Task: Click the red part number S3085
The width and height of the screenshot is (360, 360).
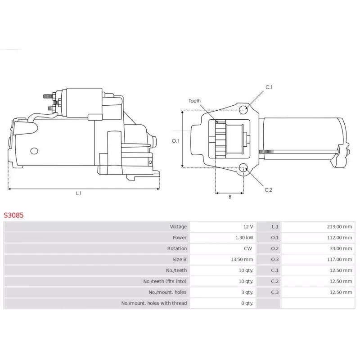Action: pyautogui.click(x=13, y=215)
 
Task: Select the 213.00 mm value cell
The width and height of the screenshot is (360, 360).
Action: pyautogui.click(x=318, y=227)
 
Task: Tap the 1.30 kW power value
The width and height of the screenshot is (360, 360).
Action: pyautogui.click(x=244, y=238)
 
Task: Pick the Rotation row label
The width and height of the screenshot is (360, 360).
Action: pyautogui.click(x=177, y=248)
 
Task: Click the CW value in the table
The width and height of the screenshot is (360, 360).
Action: pyautogui.click(x=248, y=248)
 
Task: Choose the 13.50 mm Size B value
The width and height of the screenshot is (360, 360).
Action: pyautogui.click(x=242, y=260)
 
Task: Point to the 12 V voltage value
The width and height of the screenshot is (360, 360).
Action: pyautogui.click(x=248, y=227)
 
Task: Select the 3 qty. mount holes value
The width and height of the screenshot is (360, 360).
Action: pyautogui.click(x=247, y=292)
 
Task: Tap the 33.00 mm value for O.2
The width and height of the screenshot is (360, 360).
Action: pyautogui.click(x=341, y=248)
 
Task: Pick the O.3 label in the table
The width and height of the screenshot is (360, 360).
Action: pyautogui.click(x=274, y=260)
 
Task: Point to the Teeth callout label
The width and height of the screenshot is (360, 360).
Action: pyautogui.click(x=194, y=101)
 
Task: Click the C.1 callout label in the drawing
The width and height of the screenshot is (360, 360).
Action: pyautogui.click(x=269, y=87)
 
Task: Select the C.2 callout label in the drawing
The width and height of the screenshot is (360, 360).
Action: pyautogui.click(x=268, y=190)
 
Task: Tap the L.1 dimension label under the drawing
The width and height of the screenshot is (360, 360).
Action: pyautogui.click(x=78, y=193)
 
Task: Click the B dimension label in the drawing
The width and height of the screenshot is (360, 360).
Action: pyautogui.click(x=230, y=197)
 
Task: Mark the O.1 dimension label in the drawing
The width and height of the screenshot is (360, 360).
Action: pyautogui.click(x=175, y=141)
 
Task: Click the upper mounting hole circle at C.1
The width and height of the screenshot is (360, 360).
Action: pyautogui.click(x=243, y=110)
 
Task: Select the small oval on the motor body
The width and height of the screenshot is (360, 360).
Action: pyautogui.click(x=34, y=151)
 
